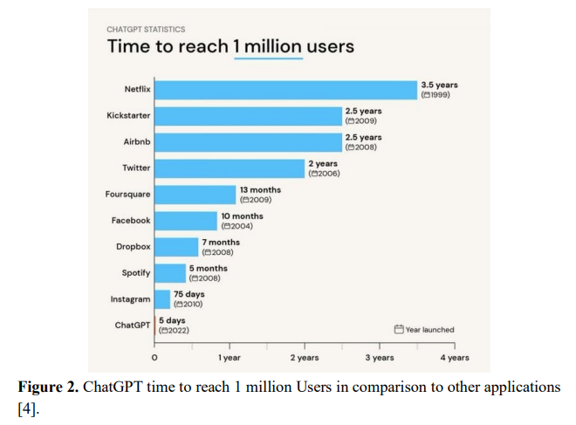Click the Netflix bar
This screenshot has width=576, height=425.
285,90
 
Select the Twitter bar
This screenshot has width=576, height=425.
230,168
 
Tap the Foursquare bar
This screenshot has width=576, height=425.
195,195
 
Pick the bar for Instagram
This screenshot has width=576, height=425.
162,299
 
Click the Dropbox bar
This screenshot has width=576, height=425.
176,247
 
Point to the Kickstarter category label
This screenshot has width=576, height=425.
128,115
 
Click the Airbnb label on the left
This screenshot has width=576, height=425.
137,141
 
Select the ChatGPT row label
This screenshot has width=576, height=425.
133,326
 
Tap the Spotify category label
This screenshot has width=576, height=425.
136,273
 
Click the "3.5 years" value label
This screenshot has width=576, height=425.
439,85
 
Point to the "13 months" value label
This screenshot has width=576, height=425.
260,190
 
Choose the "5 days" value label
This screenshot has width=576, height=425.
172,320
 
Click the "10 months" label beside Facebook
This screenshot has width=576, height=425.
242,216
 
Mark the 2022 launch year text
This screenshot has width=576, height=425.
174,331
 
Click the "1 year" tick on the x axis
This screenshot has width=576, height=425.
230,358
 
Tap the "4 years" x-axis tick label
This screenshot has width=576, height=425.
455,358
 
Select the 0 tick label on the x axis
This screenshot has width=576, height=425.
154,358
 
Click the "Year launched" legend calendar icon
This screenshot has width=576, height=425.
399,329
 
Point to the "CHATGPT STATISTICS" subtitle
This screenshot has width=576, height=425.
146,30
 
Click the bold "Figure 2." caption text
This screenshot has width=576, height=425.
48,387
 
